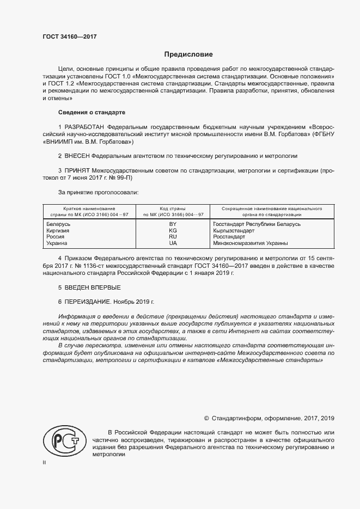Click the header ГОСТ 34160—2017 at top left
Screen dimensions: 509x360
click(69, 37)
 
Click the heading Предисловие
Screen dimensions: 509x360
click(188, 55)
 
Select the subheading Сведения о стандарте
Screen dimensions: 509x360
click(91, 112)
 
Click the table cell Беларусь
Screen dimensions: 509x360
click(59, 224)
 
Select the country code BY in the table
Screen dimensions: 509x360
click(173, 224)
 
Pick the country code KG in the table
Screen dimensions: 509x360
click(173, 230)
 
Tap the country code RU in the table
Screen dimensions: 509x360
click(173, 237)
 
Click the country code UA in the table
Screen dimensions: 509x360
click(173, 243)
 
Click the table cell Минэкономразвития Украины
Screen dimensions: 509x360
click(251, 243)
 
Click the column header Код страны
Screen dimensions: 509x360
click(173, 208)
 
